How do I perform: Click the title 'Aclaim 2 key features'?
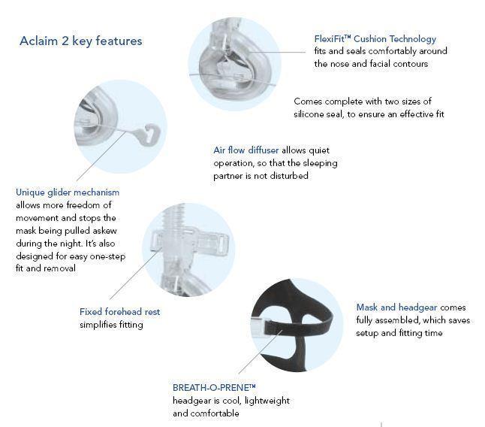click(x=81, y=41)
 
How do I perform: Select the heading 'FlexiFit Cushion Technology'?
click(x=375, y=39)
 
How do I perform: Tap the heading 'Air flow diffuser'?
click(x=246, y=150)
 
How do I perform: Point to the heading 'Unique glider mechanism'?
click(x=68, y=192)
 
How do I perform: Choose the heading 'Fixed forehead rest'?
click(x=119, y=311)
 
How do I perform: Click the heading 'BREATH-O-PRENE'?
click(x=214, y=388)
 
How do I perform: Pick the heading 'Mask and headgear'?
click(x=396, y=307)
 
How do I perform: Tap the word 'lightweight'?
click(x=267, y=401)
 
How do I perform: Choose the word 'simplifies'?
click(x=96, y=325)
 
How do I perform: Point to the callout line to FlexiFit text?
click(x=276, y=52)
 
